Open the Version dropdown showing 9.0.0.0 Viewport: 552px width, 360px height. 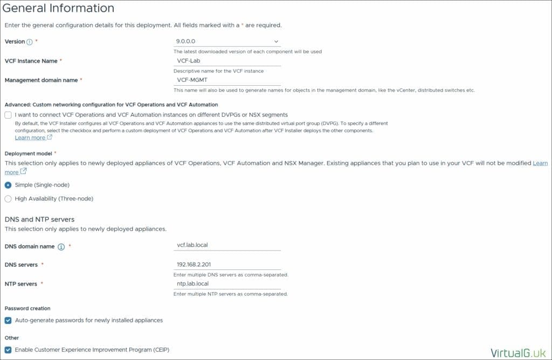[227, 41]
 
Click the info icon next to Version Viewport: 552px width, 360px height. [30, 42]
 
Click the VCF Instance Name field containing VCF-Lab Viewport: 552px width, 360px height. [227, 61]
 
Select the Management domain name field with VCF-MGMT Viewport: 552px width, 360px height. [227, 80]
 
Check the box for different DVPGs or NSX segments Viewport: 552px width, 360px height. [8, 115]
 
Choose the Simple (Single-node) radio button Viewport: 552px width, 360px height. [8, 185]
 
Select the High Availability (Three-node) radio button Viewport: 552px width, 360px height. [8, 199]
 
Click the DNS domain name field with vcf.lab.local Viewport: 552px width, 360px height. [227, 245]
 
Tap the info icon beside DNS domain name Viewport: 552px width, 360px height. [61, 247]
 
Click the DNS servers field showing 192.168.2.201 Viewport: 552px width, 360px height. [227, 264]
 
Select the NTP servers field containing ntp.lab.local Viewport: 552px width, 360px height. [227, 283]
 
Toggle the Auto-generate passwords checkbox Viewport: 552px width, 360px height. [8, 320]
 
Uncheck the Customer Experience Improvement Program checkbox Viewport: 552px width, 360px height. [8, 350]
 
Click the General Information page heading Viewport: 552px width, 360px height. [59, 8]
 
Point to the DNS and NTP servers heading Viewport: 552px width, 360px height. [39, 219]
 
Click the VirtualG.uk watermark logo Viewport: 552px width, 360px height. [517, 353]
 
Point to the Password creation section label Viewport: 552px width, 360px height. [27, 308]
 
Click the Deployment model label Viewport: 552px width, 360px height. [29, 154]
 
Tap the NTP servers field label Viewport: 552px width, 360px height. [21, 284]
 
